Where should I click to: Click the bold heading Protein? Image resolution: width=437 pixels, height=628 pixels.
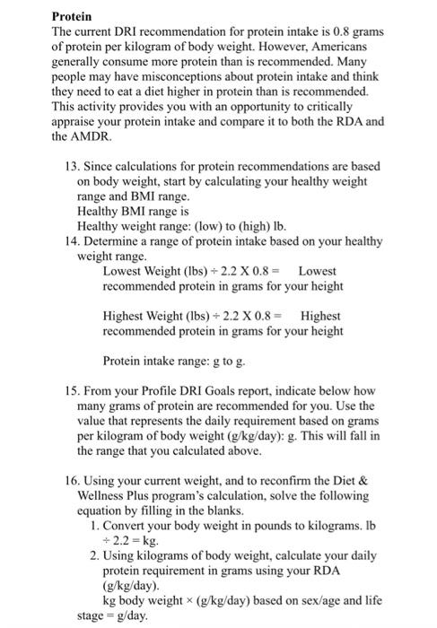click(72, 16)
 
